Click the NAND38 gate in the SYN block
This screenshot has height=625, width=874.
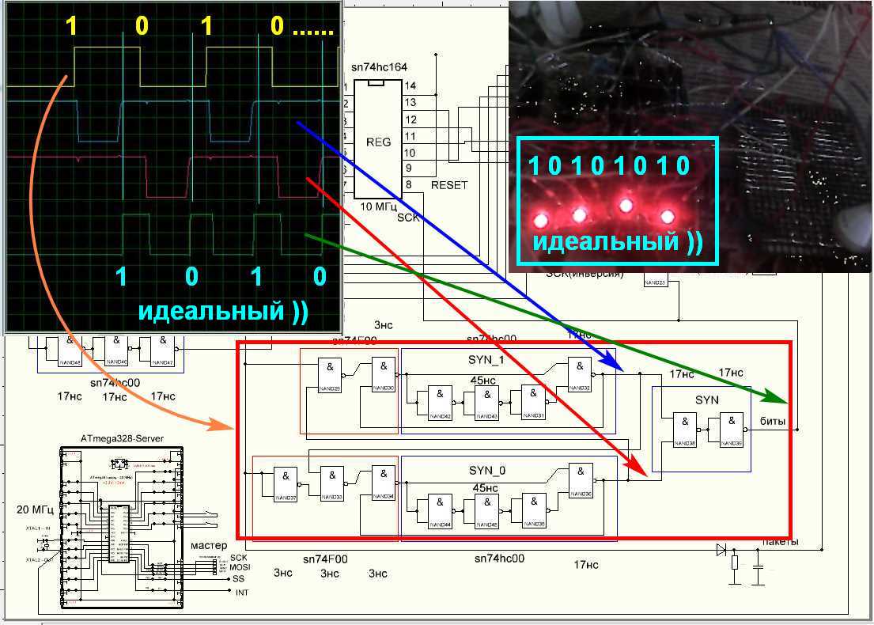coord(685,430)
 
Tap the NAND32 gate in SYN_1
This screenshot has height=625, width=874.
coord(579,375)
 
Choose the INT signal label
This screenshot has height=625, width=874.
coord(242,593)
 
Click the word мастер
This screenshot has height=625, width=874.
coord(209,545)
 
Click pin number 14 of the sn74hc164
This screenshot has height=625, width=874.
coord(411,85)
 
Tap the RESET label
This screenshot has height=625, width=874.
coord(449,185)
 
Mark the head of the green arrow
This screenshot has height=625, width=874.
coord(780,399)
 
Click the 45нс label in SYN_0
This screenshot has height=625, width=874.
coord(483,488)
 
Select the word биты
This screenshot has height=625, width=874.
coord(773,421)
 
